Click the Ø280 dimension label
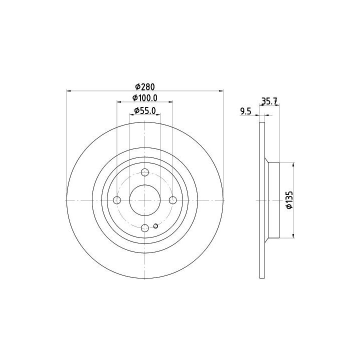(145, 87)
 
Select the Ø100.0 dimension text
(145, 98)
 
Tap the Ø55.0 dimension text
(145, 110)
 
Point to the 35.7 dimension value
(269, 101)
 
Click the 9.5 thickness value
(245, 111)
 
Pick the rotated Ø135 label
(289, 199)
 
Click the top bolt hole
(145, 172)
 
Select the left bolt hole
(117, 200)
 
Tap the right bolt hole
(172, 200)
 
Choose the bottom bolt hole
(145, 228)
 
